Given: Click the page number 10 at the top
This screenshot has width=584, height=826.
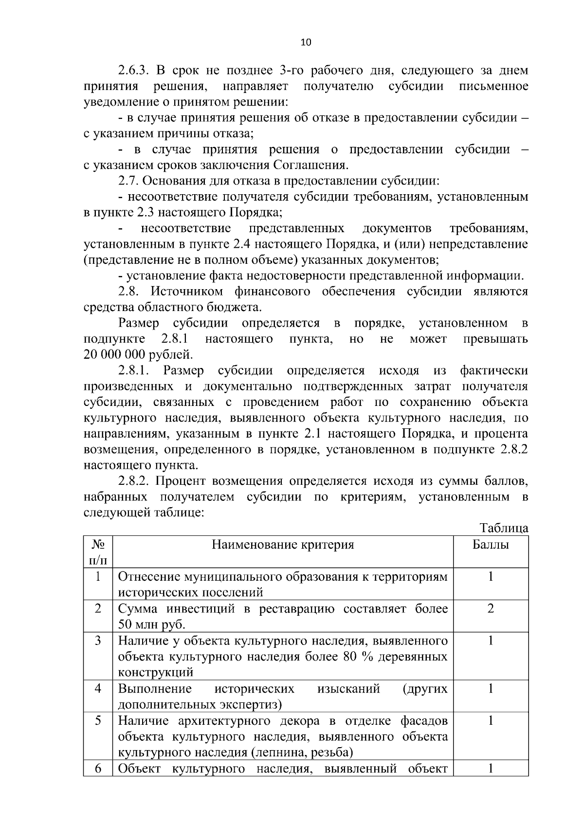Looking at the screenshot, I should (x=306, y=42).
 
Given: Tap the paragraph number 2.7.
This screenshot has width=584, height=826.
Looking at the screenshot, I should (x=128, y=181).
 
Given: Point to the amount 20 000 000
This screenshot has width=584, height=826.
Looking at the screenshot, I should (x=114, y=354).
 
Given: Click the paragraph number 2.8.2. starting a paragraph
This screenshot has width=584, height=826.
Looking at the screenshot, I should (x=136, y=481).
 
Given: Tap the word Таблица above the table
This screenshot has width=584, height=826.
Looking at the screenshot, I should (x=504, y=528).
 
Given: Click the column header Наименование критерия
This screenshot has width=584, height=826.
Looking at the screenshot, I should (x=283, y=544).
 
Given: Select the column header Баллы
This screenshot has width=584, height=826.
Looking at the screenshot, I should (x=491, y=544).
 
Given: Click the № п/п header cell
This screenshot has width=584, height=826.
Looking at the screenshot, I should (x=98, y=552).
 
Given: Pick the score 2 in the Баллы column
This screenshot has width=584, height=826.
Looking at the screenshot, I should (x=491, y=608).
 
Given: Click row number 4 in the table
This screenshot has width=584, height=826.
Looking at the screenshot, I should (x=98, y=689).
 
